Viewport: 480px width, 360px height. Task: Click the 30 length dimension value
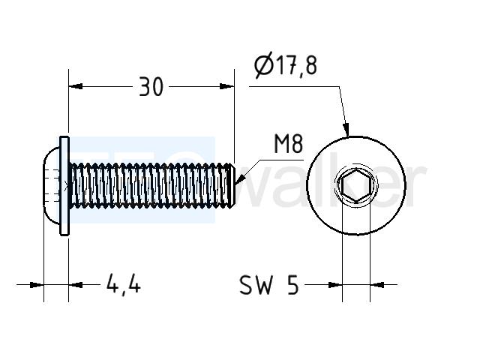(151, 87)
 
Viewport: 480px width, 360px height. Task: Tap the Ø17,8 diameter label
(286, 65)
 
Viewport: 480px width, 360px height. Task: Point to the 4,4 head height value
(123, 285)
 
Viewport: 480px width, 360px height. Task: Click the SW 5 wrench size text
(268, 285)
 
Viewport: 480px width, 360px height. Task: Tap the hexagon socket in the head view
(356, 186)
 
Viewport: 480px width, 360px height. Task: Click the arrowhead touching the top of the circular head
(346, 130)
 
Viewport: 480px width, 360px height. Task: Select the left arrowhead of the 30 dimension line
(76, 86)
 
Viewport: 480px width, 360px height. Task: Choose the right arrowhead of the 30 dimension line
(226, 86)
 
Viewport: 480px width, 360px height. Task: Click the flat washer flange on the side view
(64, 186)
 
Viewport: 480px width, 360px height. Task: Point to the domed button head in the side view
(51, 185)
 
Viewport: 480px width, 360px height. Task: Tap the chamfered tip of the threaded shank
(232, 185)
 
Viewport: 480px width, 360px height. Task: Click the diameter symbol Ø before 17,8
(263, 65)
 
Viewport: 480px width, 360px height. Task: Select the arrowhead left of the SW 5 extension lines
(335, 285)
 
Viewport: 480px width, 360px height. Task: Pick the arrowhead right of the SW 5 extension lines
(377, 285)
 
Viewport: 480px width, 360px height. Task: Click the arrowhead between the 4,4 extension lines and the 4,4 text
(76, 285)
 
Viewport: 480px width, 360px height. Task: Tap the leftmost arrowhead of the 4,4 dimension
(37, 285)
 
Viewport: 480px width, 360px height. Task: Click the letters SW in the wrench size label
(256, 285)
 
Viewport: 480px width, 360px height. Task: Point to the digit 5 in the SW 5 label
(292, 285)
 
